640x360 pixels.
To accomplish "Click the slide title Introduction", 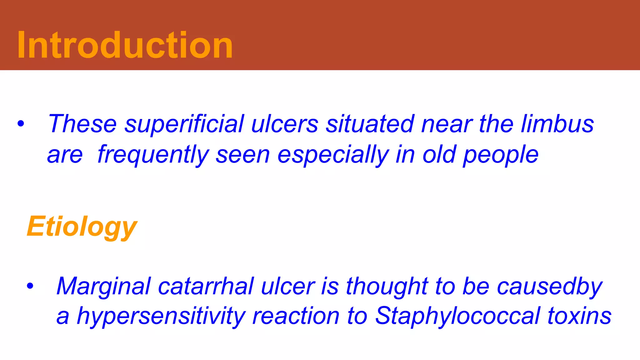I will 125,45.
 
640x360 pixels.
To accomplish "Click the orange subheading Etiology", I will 82,227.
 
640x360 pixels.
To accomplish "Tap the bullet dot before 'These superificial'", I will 21,124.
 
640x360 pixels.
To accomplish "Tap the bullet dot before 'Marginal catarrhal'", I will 30,286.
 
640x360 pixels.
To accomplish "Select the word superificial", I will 184,124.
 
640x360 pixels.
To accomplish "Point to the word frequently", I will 153,155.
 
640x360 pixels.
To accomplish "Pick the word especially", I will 333,155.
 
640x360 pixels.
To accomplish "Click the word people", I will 500,155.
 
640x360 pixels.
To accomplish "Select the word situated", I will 370,124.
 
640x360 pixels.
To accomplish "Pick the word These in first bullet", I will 82,124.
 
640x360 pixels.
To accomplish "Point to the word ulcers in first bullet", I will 285,124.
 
